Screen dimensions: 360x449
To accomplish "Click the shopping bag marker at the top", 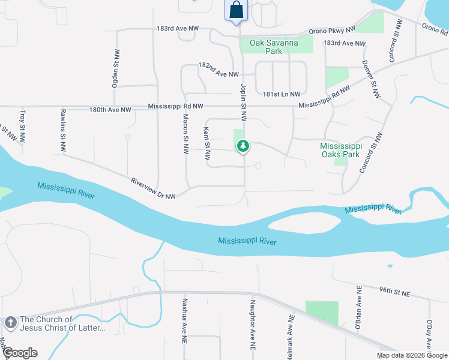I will coord(237,10).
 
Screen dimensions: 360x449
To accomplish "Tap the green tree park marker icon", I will coord(243,146).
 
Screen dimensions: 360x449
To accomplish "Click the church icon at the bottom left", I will coord(10,323).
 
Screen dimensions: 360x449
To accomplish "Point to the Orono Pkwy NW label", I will coord(332,29).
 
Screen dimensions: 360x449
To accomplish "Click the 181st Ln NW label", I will coord(280,94).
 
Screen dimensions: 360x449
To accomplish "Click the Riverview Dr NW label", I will coord(152,188).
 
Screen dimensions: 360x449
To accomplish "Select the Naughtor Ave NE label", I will coord(253,326).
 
